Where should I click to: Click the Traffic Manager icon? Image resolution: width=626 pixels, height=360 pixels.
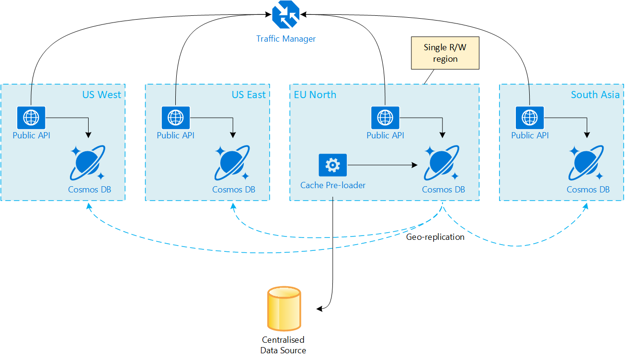[285, 15]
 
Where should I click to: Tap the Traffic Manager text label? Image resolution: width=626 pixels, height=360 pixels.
[286, 39]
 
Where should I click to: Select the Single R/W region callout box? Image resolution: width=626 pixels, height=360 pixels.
[445, 54]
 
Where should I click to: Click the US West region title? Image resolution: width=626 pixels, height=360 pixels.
[102, 94]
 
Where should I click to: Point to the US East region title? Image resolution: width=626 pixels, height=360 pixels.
[248, 94]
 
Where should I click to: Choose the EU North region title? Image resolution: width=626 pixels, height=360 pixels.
[315, 94]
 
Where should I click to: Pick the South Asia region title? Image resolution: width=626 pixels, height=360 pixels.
[595, 94]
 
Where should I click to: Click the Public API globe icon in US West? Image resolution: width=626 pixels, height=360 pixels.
[31, 117]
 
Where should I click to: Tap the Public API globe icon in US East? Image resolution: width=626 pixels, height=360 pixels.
[176, 117]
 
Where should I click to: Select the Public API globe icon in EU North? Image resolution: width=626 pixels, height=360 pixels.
[385, 117]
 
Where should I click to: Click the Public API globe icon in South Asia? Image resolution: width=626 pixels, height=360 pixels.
[530, 117]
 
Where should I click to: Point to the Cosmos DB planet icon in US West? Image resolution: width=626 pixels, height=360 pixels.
[89, 163]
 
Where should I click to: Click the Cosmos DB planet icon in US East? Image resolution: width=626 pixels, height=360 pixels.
[233, 163]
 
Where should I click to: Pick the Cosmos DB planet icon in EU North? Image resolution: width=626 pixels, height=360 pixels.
[443, 163]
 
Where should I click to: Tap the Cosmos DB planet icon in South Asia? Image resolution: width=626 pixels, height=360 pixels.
[588, 163]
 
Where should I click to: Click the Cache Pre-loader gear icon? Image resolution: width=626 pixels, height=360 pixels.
[332, 165]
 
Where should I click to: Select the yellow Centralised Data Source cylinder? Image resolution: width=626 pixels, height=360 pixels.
[285, 309]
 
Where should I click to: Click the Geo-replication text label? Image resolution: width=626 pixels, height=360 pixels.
[435, 236]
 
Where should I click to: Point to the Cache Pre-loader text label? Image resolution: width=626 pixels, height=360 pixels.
[332, 185]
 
